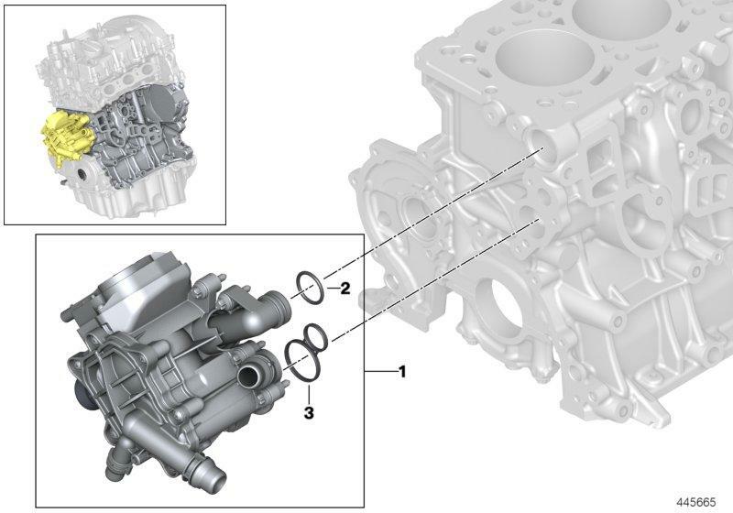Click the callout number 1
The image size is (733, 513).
point(402,372)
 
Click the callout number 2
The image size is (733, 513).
point(345,289)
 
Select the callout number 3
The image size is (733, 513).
point(309,412)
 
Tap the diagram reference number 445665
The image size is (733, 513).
point(696,502)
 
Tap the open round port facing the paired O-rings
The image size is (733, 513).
point(246,375)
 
